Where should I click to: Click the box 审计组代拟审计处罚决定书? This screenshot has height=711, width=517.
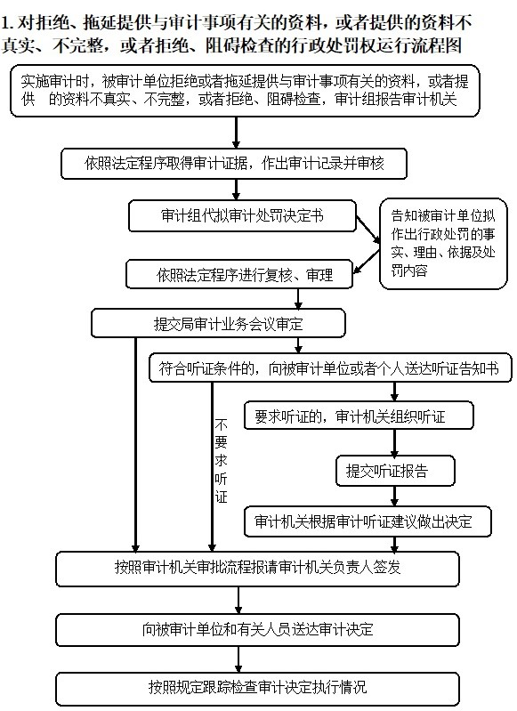[x=242, y=216]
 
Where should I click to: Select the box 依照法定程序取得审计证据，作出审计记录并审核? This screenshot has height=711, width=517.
[x=234, y=163]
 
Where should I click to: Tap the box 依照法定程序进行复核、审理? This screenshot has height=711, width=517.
[x=239, y=274]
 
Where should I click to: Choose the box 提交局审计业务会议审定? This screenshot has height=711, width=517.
[x=218, y=323]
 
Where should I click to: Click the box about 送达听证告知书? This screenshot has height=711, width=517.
[x=330, y=368]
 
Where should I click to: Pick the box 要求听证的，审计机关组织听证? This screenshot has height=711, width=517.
[x=359, y=416]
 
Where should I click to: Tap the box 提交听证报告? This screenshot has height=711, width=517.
[x=395, y=471]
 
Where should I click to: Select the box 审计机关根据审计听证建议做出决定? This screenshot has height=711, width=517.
[x=368, y=521]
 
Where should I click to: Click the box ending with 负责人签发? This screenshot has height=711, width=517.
[x=257, y=568]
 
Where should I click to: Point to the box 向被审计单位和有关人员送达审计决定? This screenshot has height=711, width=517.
[x=257, y=629]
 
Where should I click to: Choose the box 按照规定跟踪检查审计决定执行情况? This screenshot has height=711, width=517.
[x=257, y=689]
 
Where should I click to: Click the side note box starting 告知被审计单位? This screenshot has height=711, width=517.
[x=443, y=244]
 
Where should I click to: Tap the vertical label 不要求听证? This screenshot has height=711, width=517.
[x=221, y=461]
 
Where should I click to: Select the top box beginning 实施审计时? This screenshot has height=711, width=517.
[x=245, y=91]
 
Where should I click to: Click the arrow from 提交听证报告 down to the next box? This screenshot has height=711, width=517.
[x=394, y=496]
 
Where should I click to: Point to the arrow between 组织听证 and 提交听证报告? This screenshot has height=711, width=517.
[x=394, y=443]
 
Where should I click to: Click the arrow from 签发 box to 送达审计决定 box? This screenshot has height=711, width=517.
[x=238, y=601]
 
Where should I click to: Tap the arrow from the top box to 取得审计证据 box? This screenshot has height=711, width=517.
[x=236, y=133]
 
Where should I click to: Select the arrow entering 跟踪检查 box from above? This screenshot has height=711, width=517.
[x=238, y=659]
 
